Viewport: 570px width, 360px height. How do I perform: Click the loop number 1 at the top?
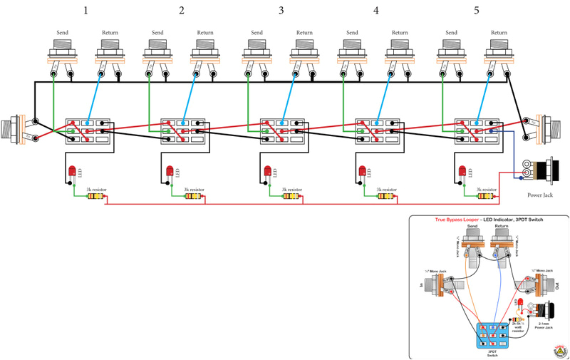[x=86, y=11]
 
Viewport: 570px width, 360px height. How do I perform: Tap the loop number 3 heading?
[x=281, y=11]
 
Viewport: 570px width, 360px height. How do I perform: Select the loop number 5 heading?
[x=476, y=11]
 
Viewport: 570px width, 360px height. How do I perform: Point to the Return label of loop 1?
[x=110, y=32]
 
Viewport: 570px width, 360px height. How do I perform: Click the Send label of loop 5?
[x=451, y=32]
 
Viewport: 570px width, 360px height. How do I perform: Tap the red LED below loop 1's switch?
[x=72, y=171]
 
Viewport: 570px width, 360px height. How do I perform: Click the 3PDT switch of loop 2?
[x=182, y=131]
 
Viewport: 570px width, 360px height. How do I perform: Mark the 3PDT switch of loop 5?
[x=477, y=131]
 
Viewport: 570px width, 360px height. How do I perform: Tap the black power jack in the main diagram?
[x=545, y=171]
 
